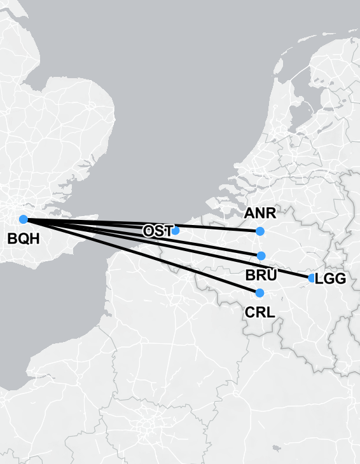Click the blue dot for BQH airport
point(24,219)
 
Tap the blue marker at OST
point(176,230)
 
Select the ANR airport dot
point(260,231)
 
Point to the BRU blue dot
point(261,256)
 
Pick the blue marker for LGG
point(312,278)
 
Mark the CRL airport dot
point(260,292)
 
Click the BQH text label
point(23,239)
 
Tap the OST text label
point(157,231)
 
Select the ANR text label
point(260,214)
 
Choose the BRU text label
point(261,275)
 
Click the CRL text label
point(260,312)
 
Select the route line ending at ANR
point(216,229)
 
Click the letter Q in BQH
point(23,239)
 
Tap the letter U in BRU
point(272,275)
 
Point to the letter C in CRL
point(250,312)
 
